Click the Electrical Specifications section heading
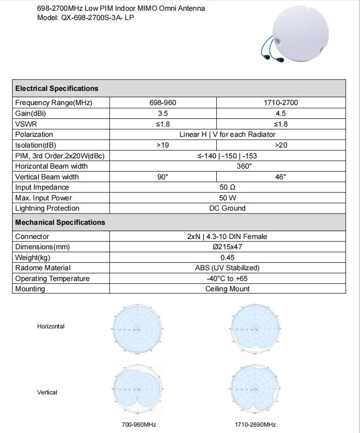(57, 88)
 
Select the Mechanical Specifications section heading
(60, 222)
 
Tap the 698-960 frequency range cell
(163, 103)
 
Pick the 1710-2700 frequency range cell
(280, 103)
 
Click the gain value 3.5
(163, 113)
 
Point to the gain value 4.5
(280, 113)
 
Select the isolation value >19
(163, 145)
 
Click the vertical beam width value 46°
(280, 177)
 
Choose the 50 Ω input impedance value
(227, 187)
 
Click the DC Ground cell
(227, 208)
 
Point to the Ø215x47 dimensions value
(227, 247)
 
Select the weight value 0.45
(227, 258)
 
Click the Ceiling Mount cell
(227, 289)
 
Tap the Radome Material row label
(43, 268)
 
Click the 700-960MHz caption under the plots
(139, 424)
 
